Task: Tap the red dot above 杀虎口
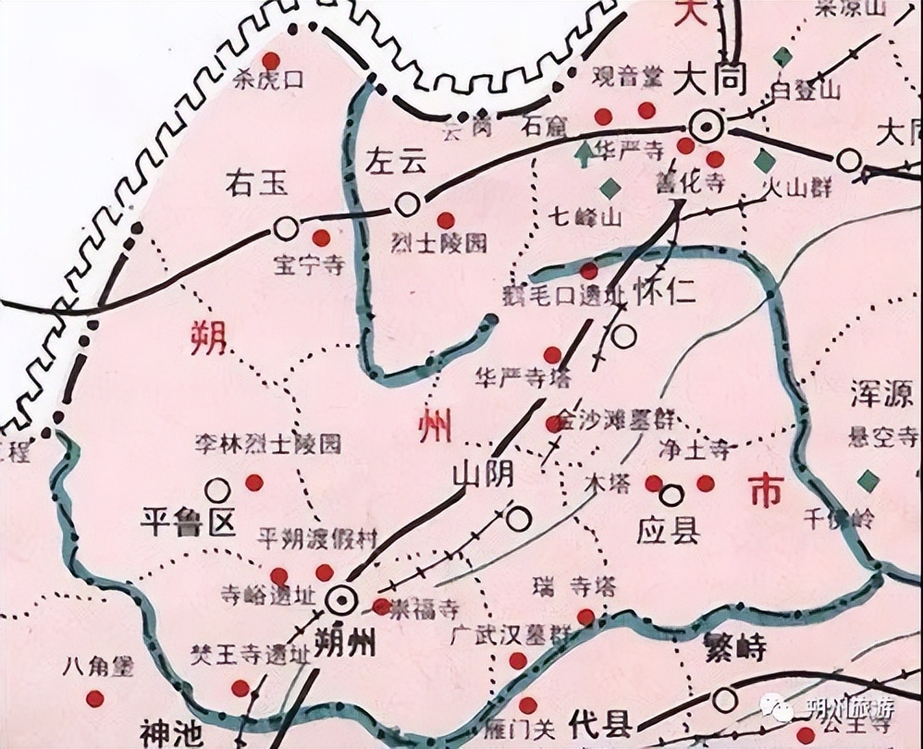pyautogui.click(x=270, y=59)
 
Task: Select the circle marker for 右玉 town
pyautogui.click(x=287, y=227)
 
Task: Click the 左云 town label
pyautogui.click(x=398, y=162)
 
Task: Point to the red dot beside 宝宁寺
pyautogui.click(x=322, y=236)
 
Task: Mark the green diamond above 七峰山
pyautogui.click(x=609, y=189)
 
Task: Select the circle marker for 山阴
pyautogui.click(x=518, y=519)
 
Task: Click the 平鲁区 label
pyautogui.click(x=189, y=522)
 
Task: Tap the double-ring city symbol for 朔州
pyautogui.click(x=341, y=600)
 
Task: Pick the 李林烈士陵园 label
pyautogui.click(x=267, y=445)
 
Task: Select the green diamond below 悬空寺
pyautogui.click(x=868, y=480)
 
